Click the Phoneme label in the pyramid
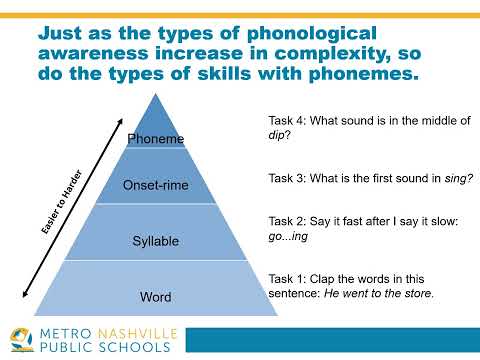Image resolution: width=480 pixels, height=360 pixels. tap(155, 141)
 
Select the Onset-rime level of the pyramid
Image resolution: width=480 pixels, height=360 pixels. tap(155, 184)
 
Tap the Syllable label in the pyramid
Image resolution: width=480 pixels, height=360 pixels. tap(155, 241)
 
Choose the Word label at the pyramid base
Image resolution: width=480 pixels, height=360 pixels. tap(155, 297)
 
